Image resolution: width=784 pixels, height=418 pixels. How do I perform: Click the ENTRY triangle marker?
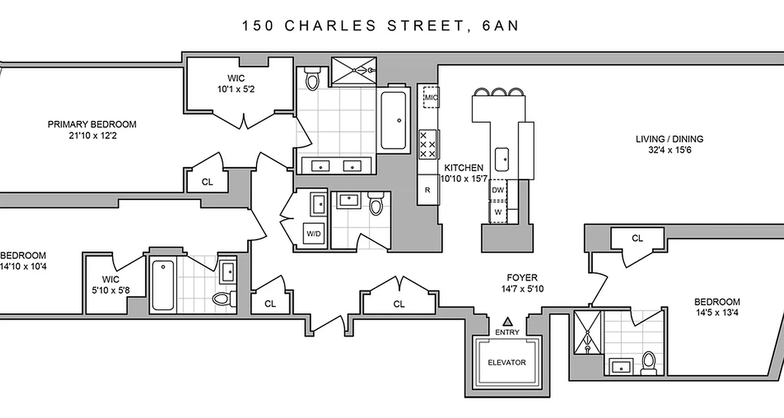coord(507,321)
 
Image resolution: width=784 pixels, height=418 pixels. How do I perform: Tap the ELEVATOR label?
coord(506,362)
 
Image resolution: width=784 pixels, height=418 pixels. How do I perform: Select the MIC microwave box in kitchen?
coord(430,97)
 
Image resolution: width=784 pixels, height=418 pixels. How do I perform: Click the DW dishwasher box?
coord(498,190)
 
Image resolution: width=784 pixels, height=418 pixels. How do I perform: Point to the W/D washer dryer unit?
coord(314,234)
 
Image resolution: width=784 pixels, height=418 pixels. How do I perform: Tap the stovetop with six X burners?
coord(428,144)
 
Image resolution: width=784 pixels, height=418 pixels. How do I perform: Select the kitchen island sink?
coord(502,157)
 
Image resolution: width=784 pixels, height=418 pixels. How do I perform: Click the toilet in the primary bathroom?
coord(313,79)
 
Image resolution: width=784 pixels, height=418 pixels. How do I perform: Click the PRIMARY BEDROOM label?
coord(92,124)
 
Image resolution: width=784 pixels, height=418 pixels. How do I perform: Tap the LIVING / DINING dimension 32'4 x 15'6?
coord(670,150)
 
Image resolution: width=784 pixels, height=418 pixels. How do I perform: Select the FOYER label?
coord(522,278)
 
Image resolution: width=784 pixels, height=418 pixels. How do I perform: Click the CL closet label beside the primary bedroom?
coord(207,182)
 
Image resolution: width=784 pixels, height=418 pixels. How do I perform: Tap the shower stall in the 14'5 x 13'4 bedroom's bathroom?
coord(587,330)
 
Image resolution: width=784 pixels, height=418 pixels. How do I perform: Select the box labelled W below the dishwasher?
coord(498,213)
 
